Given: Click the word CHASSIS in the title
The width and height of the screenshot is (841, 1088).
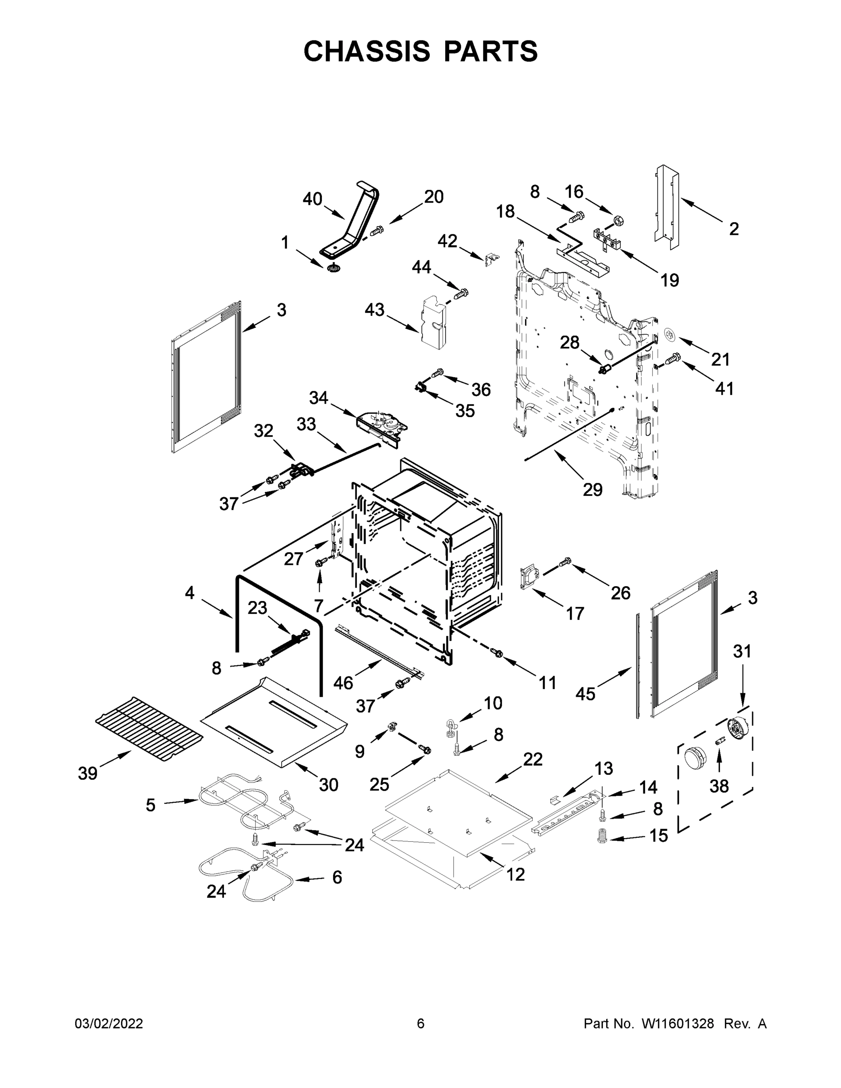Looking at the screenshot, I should [367, 51].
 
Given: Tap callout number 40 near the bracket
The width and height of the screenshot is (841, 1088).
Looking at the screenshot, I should [312, 199].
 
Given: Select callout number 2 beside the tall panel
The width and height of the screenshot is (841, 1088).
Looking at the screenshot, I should [734, 229].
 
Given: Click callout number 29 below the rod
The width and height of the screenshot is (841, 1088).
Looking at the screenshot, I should [593, 490].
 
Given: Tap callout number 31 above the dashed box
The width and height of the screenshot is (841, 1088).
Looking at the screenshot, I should [742, 651].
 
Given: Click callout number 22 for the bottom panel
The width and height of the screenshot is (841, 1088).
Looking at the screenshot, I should [533, 759].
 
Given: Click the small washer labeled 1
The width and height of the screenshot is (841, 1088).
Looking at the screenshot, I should [333, 269].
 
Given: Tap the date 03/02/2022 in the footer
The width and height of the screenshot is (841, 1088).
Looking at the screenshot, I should [109, 1024].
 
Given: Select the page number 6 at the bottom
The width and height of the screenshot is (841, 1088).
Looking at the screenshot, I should [421, 1024].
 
